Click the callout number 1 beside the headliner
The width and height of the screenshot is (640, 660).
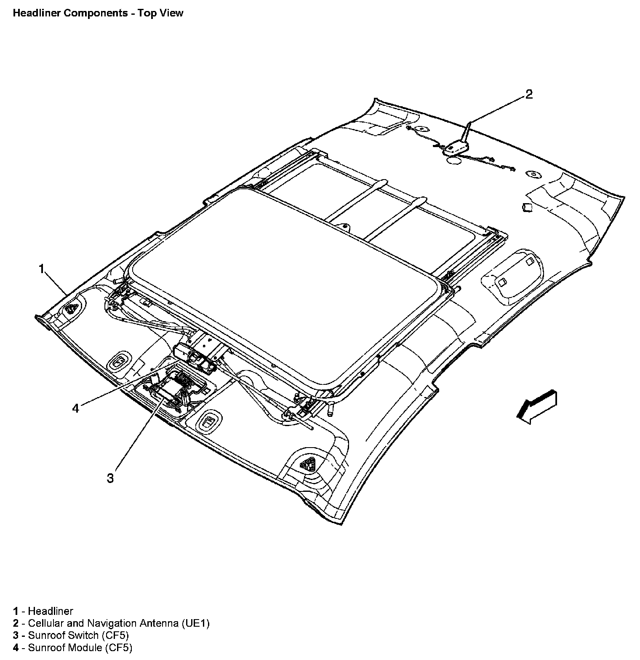click(41, 268)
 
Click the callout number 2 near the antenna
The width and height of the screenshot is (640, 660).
click(529, 94)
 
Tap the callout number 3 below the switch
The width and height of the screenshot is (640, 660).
click(110, 478)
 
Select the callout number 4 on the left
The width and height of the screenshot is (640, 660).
click(75, 408)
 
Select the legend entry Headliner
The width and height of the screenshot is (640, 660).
click(51, 611)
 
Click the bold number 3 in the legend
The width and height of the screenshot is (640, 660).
click(16, 635)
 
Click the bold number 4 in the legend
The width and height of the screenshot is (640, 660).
click(16, 647)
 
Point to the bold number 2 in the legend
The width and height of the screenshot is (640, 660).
click(16, 623)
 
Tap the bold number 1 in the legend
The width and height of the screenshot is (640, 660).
click(16, 611)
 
